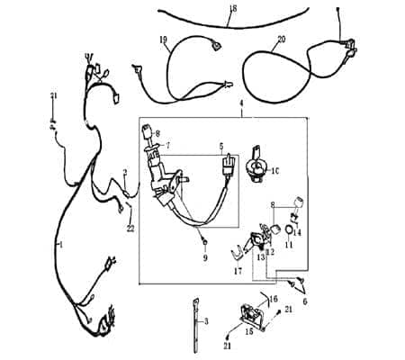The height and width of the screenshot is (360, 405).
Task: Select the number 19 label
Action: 163,40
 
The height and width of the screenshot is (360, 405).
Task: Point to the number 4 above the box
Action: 241,105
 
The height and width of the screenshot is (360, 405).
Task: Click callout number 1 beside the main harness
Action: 60,244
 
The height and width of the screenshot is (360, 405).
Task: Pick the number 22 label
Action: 130,228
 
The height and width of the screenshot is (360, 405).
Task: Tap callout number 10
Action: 276,169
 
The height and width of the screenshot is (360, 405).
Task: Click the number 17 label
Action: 237,270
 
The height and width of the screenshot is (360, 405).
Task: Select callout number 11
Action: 289,244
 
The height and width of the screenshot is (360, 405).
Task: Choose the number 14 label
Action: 297,232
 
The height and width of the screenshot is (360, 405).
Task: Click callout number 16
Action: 275,298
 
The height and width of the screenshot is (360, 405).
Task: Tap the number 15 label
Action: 249,330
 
